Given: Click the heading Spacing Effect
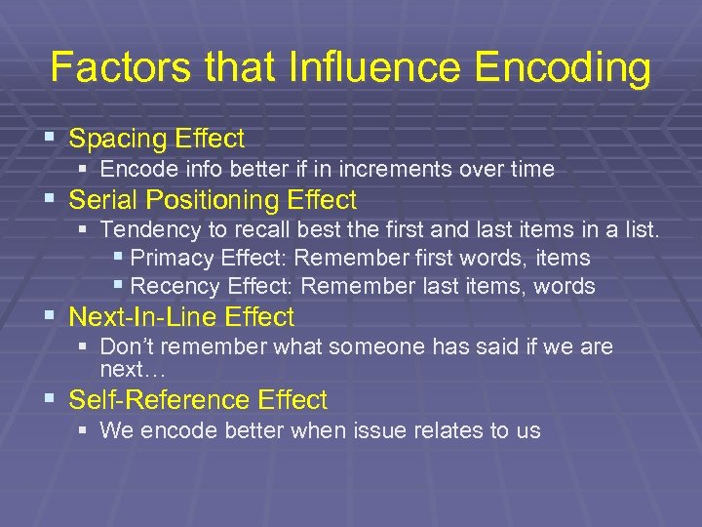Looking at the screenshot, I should [157, 139].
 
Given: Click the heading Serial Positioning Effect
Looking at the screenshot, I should [213, 201].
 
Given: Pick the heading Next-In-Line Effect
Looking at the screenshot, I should [181, 317].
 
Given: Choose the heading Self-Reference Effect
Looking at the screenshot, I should [198, 400].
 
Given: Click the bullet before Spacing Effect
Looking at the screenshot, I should [50, 139].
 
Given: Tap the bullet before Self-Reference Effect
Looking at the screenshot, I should [50, 400].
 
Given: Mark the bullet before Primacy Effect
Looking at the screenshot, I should [118, 259].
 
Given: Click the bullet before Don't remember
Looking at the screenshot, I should [83, 347].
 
